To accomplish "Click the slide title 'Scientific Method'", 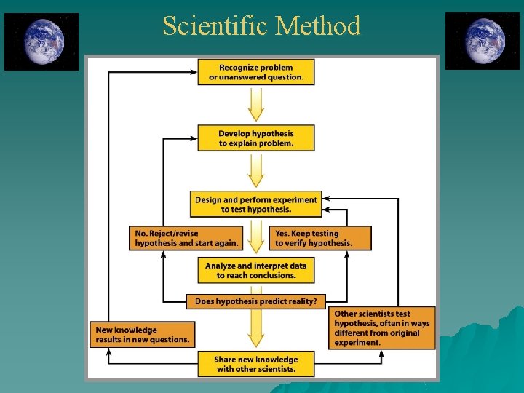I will [261, 26].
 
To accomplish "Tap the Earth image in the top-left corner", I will [41, 41].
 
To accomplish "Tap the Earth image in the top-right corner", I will [483, 41].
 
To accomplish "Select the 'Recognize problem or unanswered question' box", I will [256, 73].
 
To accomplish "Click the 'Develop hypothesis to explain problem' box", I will [256, 138].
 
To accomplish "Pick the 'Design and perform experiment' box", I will [256, 204].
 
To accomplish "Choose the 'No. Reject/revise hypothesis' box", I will [186, 238].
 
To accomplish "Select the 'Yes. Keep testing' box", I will [320, 238].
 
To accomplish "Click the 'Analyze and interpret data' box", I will [256, 271].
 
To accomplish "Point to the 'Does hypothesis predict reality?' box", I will [256, 301].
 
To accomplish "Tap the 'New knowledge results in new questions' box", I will [143, 334].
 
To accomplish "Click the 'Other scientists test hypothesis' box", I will [382, 328].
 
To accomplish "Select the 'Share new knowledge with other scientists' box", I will [256, 364].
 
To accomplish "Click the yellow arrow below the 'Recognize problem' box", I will [256, 104].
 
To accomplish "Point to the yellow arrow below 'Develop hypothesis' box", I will [256, 170].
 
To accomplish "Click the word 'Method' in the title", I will [318, 26].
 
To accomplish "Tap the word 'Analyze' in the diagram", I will [221, 266].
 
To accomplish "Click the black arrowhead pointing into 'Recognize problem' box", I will [193, 73].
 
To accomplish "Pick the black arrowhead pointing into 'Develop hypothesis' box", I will [193, 138].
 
